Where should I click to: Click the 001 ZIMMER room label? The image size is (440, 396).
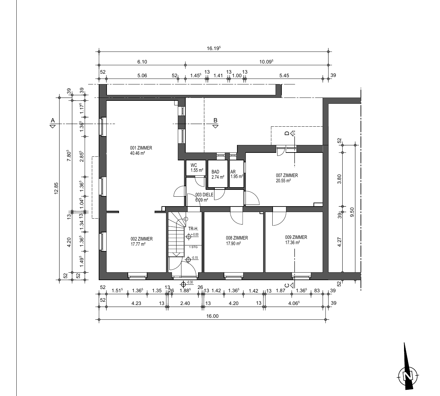141,148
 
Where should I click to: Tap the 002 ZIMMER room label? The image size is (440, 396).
142,239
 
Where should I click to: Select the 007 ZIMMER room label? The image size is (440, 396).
287,175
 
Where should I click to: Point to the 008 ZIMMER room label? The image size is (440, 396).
237,238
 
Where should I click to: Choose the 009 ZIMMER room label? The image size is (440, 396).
296,237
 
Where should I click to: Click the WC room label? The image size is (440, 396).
194,165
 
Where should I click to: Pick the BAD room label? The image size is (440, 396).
215,172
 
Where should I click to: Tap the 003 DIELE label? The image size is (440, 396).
204,195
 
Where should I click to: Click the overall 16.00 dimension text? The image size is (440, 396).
212,316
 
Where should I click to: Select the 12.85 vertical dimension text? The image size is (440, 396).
56,188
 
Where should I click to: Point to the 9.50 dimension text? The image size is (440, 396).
352,212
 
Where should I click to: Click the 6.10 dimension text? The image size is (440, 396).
142,62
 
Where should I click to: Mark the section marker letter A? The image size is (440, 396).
53,120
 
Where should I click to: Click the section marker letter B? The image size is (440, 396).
215,120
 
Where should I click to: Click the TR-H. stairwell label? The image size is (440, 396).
193,229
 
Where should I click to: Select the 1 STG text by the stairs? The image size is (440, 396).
193,247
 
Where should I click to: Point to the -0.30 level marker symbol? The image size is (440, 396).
183,285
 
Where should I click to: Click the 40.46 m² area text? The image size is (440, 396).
138,153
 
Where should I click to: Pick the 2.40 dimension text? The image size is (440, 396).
185,303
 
